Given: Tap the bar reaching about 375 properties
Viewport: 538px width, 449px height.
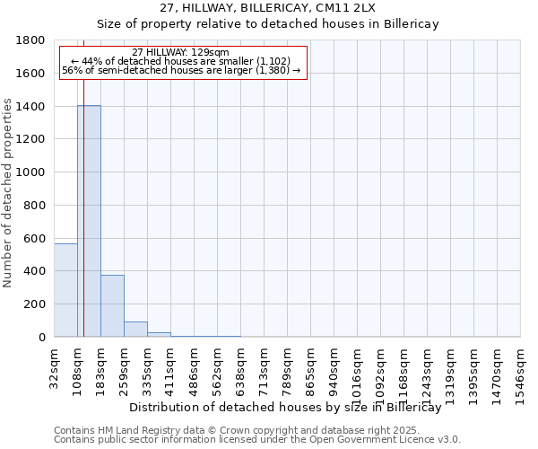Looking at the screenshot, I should pos(112,305).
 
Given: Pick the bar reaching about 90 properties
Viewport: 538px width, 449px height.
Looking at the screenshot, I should pos(135,329).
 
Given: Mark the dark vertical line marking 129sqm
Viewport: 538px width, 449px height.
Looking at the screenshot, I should pos(83,207).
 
